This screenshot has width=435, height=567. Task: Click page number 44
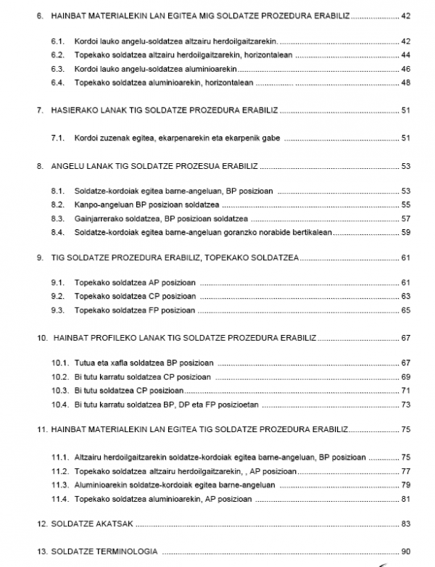tap(405, 55)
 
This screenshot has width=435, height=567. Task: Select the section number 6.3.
tap(59, 69)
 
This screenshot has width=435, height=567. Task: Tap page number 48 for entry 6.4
tap(405, 83)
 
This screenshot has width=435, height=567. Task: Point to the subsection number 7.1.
tap(59, 138)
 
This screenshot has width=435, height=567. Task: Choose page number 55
tap(405, 204)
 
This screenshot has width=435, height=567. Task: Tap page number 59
tap(405, 232)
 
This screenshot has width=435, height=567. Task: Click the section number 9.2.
tap(59, 297)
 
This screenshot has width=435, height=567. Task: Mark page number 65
tap(405, 310)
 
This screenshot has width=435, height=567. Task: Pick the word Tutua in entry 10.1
tap(84, 363)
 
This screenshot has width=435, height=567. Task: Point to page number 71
tap(405, 390)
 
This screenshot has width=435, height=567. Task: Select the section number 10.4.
tap(60, 404)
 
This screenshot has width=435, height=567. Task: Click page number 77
tap(405, 471)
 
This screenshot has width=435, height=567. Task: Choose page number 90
tap(405, 551)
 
